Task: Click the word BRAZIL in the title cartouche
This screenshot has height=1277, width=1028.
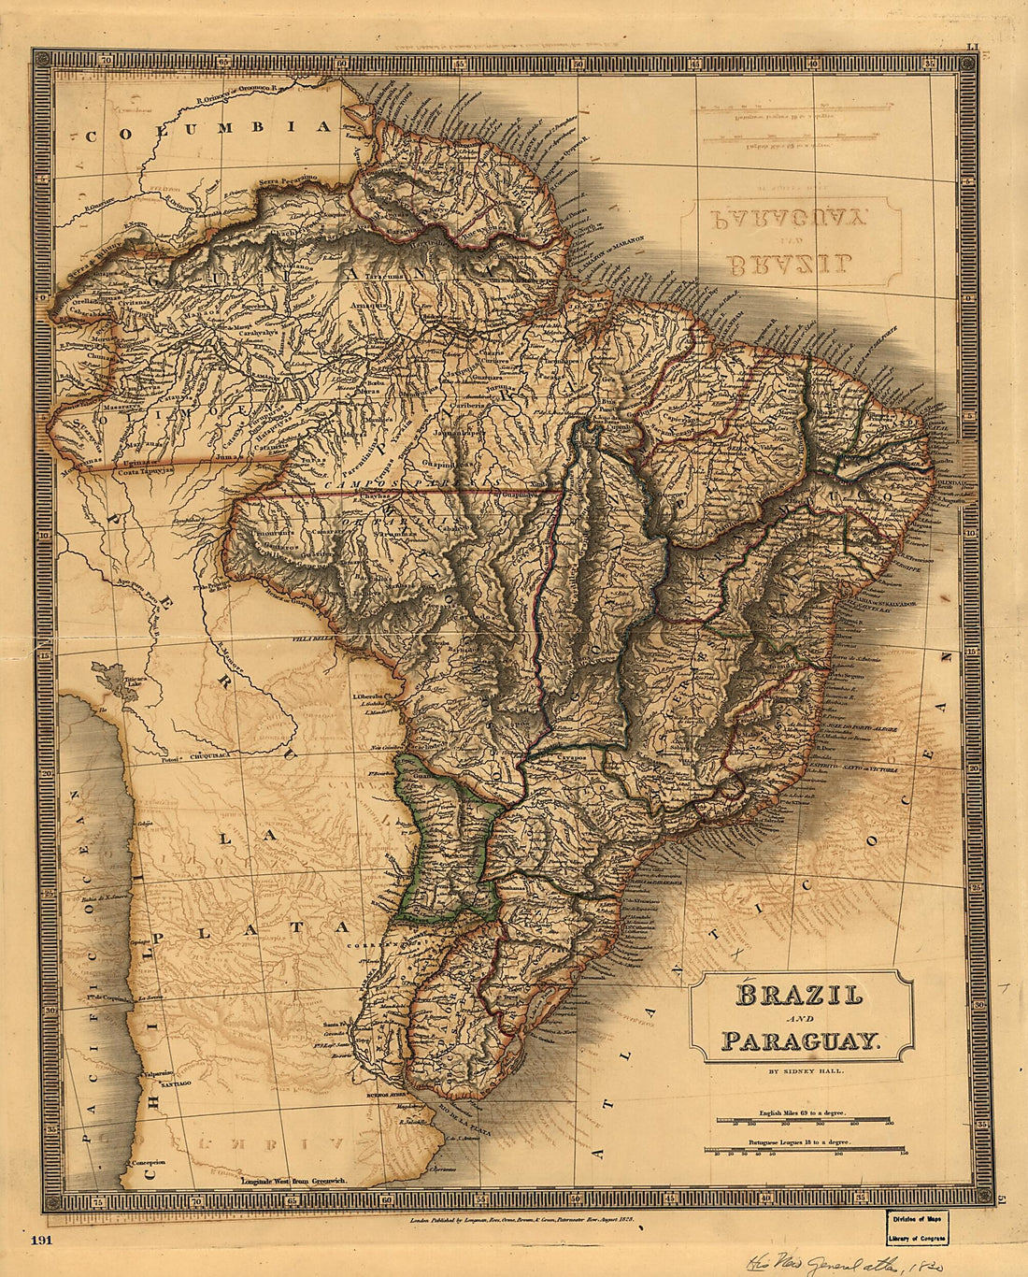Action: [799, 995]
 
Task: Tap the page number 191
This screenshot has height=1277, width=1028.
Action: [42, 1240]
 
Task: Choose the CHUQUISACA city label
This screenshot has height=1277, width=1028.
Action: [217, 754]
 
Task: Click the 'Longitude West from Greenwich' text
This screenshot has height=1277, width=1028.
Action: [294, 1182]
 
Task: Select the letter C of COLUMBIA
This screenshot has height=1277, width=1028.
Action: [91, 136]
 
